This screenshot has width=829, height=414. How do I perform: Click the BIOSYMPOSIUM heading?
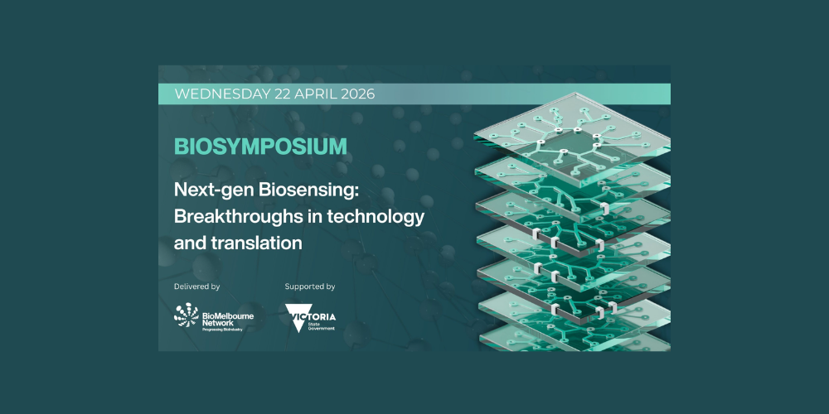[260, 147]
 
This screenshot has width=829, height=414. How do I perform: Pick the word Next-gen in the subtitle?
[214, 190]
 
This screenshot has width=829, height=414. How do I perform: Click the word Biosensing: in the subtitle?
[308, 190]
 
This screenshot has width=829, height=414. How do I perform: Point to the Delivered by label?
[196, 286]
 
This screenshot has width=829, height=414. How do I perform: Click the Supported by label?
[310, 286]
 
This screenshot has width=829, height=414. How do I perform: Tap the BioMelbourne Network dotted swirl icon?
[186, 315]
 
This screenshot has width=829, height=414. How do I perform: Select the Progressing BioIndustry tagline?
[222, 330]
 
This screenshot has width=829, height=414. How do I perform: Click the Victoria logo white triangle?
[297, 318]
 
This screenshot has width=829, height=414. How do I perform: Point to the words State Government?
[321, 326]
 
